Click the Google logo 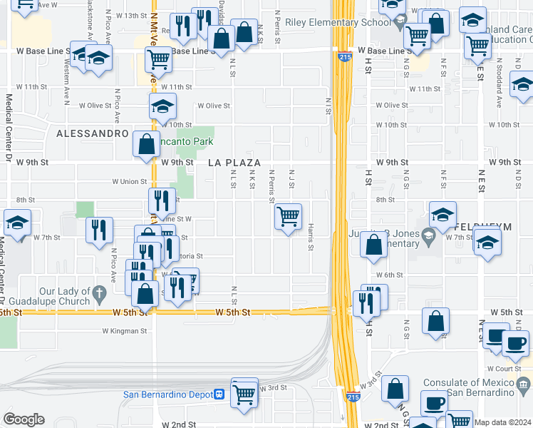tap(24, 419)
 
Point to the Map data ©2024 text tap(503, 422)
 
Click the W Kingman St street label tap(125, 331)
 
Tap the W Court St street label tap(507, 369)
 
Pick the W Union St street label tap(130, 182)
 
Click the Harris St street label tap(311, 236)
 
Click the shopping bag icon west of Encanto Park tap(146, 143)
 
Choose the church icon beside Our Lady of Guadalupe tap(100, 292)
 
